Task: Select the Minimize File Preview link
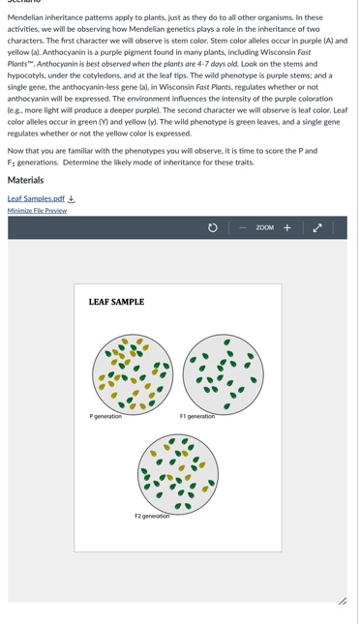pos(37,211)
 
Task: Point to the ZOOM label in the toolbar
pos(264,227)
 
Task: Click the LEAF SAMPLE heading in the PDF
pos(116,303)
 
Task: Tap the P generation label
pos(105,416)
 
